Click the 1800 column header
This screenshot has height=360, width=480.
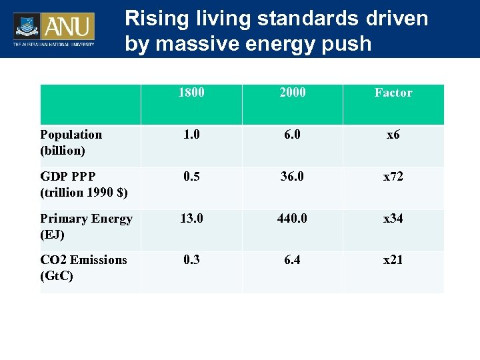(x=191, y=93)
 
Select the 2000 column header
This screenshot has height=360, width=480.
(x=293, y=93)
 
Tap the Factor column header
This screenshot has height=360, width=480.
(x=393, y=93)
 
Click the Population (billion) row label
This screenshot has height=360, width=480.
(x=71, y=142)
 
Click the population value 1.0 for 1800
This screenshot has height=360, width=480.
(x=191, y=135)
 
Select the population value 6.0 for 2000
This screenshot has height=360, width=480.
(x=293, y=135)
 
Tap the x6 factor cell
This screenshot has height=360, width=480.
(x=393, y=135)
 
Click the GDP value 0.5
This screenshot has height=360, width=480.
(x=191, y=177)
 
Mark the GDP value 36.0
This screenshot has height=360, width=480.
(x=293, y=177)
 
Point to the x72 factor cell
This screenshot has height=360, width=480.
(x=393, y=177)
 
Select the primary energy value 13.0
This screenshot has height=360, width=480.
(x=191, y=219)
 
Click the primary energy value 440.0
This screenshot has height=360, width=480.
(x=293, y=219)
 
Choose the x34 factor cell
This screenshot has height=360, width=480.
(x=393, y=219)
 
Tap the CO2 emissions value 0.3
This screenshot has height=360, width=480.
(x=191, y=260)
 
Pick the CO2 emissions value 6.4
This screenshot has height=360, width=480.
(x=293, y=260)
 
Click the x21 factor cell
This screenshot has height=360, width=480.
(x=393, y=260)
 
